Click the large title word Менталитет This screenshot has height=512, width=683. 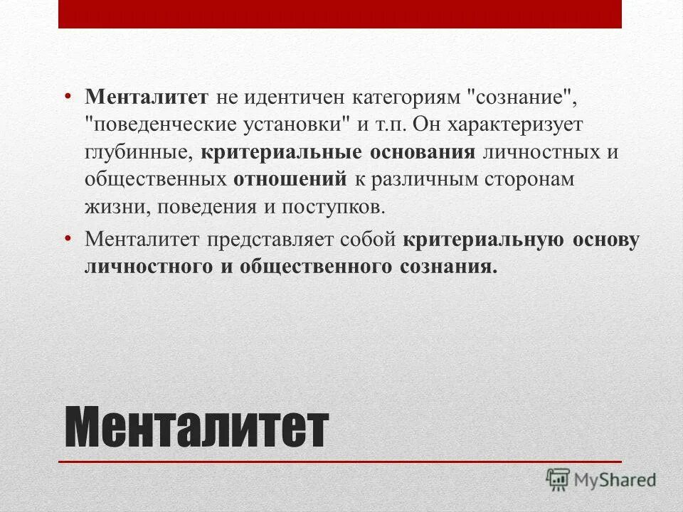point(196,427)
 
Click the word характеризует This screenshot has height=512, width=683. point(518,124)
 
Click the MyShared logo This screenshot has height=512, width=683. point(601,479)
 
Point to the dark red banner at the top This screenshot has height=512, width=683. point(340,14)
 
